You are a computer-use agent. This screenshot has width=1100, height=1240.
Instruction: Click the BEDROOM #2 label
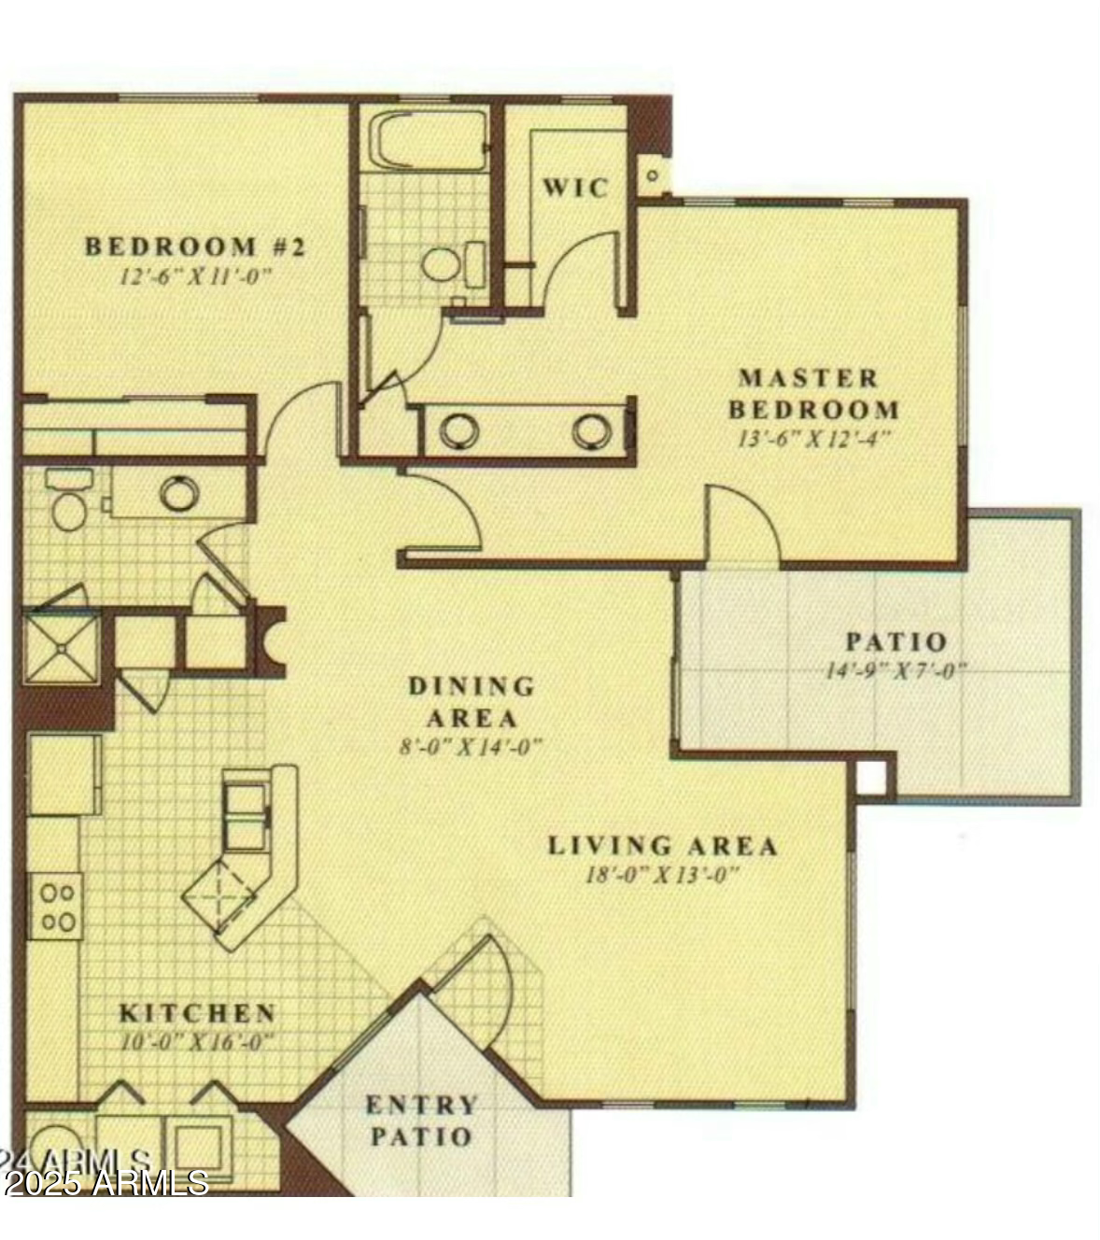pos(195,247)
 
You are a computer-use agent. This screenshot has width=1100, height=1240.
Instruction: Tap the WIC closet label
pos(575,188)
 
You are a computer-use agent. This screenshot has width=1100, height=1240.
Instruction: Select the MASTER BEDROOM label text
pos(813,393)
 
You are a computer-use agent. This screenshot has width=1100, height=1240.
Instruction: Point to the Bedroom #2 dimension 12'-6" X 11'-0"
pos(195,276)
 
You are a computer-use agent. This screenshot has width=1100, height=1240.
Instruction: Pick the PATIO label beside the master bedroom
pos(896,642)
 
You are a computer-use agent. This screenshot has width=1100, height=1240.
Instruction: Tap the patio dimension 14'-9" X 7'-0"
pos(895,670)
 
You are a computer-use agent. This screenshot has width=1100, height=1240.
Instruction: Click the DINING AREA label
pos(472,701)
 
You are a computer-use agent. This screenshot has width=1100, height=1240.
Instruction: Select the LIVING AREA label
pos(662,846)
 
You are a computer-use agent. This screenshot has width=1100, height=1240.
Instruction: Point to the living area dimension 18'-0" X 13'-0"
pos(662,875)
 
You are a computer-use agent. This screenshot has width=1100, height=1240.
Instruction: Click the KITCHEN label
pos(197,1013)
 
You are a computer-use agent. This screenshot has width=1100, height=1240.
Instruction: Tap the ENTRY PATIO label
pos(421,1120)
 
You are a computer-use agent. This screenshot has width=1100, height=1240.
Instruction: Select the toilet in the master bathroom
pos(445,263)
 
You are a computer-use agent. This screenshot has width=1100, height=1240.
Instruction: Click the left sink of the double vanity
pos(459,430)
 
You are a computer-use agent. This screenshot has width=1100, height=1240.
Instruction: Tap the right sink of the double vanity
pos(592,430)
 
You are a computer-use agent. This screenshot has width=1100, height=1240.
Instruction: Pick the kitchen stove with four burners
pos(56,906)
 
